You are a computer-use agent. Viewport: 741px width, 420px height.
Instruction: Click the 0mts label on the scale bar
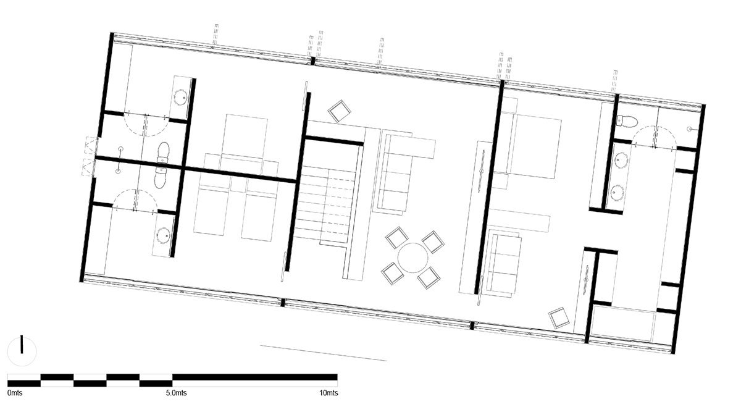15,393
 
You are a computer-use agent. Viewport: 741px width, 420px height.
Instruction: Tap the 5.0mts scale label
177,393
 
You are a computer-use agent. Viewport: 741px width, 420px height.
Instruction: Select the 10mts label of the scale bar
329,393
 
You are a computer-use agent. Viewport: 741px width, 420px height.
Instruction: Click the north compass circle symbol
22,351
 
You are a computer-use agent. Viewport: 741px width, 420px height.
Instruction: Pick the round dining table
413,258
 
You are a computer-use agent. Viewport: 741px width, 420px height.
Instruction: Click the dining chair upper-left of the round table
397,237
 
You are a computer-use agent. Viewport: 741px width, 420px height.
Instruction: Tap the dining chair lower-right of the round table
429,277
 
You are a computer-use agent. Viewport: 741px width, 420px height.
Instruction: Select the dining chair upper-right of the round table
433,242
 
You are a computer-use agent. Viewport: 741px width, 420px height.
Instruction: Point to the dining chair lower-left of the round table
393,273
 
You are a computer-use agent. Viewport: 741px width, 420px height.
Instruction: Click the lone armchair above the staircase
340,111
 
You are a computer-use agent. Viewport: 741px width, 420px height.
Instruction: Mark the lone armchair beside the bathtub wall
559,317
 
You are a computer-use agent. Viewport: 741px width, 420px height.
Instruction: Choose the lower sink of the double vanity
617,192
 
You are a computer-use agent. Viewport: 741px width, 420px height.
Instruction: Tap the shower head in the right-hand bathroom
689,128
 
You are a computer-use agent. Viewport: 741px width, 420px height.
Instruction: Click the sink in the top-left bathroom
180,97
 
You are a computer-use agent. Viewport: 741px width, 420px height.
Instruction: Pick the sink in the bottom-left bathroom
164,235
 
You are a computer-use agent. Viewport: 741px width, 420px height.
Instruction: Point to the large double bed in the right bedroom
532,146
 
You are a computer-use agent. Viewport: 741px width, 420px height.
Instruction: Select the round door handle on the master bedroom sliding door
482,171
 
